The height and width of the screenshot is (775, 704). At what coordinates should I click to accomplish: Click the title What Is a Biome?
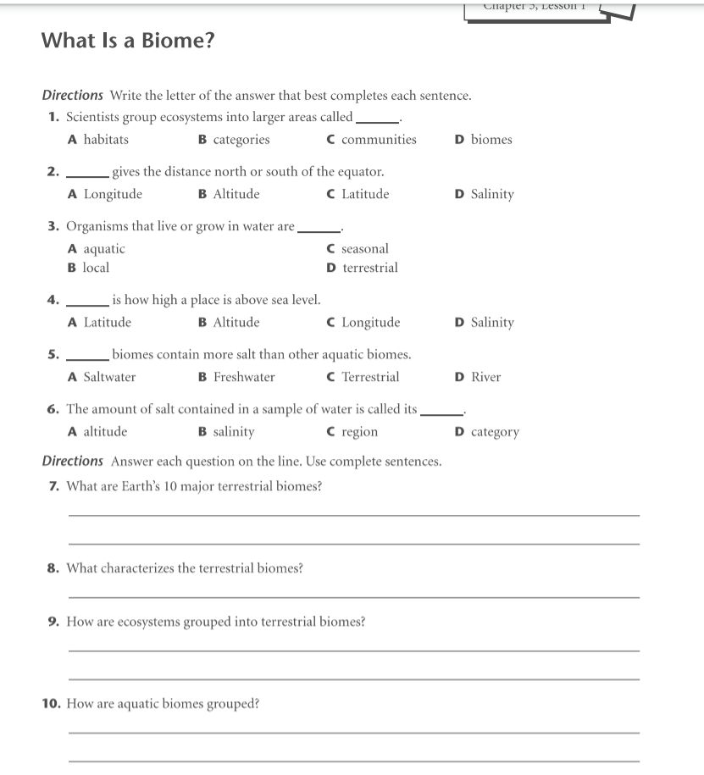[127, 41]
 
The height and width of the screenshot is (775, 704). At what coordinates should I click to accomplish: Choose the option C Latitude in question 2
[358, 194]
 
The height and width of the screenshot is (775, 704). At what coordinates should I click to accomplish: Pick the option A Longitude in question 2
[105, 194]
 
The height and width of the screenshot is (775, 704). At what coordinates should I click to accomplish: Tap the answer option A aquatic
[97, 249]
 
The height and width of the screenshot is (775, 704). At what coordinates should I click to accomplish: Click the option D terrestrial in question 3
[362, 268]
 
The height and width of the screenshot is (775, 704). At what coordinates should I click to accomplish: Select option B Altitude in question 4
[229, 323]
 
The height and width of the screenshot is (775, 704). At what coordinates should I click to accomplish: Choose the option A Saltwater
[102, 377]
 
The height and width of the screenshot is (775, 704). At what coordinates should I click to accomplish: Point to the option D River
[478, 377]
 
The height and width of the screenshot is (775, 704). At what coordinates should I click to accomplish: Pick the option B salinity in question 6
[226, 432]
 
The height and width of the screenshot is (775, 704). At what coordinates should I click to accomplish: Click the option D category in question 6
[486, 432]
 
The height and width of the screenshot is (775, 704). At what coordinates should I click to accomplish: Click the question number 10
[51, 703]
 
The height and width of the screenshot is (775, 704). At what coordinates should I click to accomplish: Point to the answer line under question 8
[353, 597]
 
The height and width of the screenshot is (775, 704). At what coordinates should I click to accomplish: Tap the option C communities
[371, 140]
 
